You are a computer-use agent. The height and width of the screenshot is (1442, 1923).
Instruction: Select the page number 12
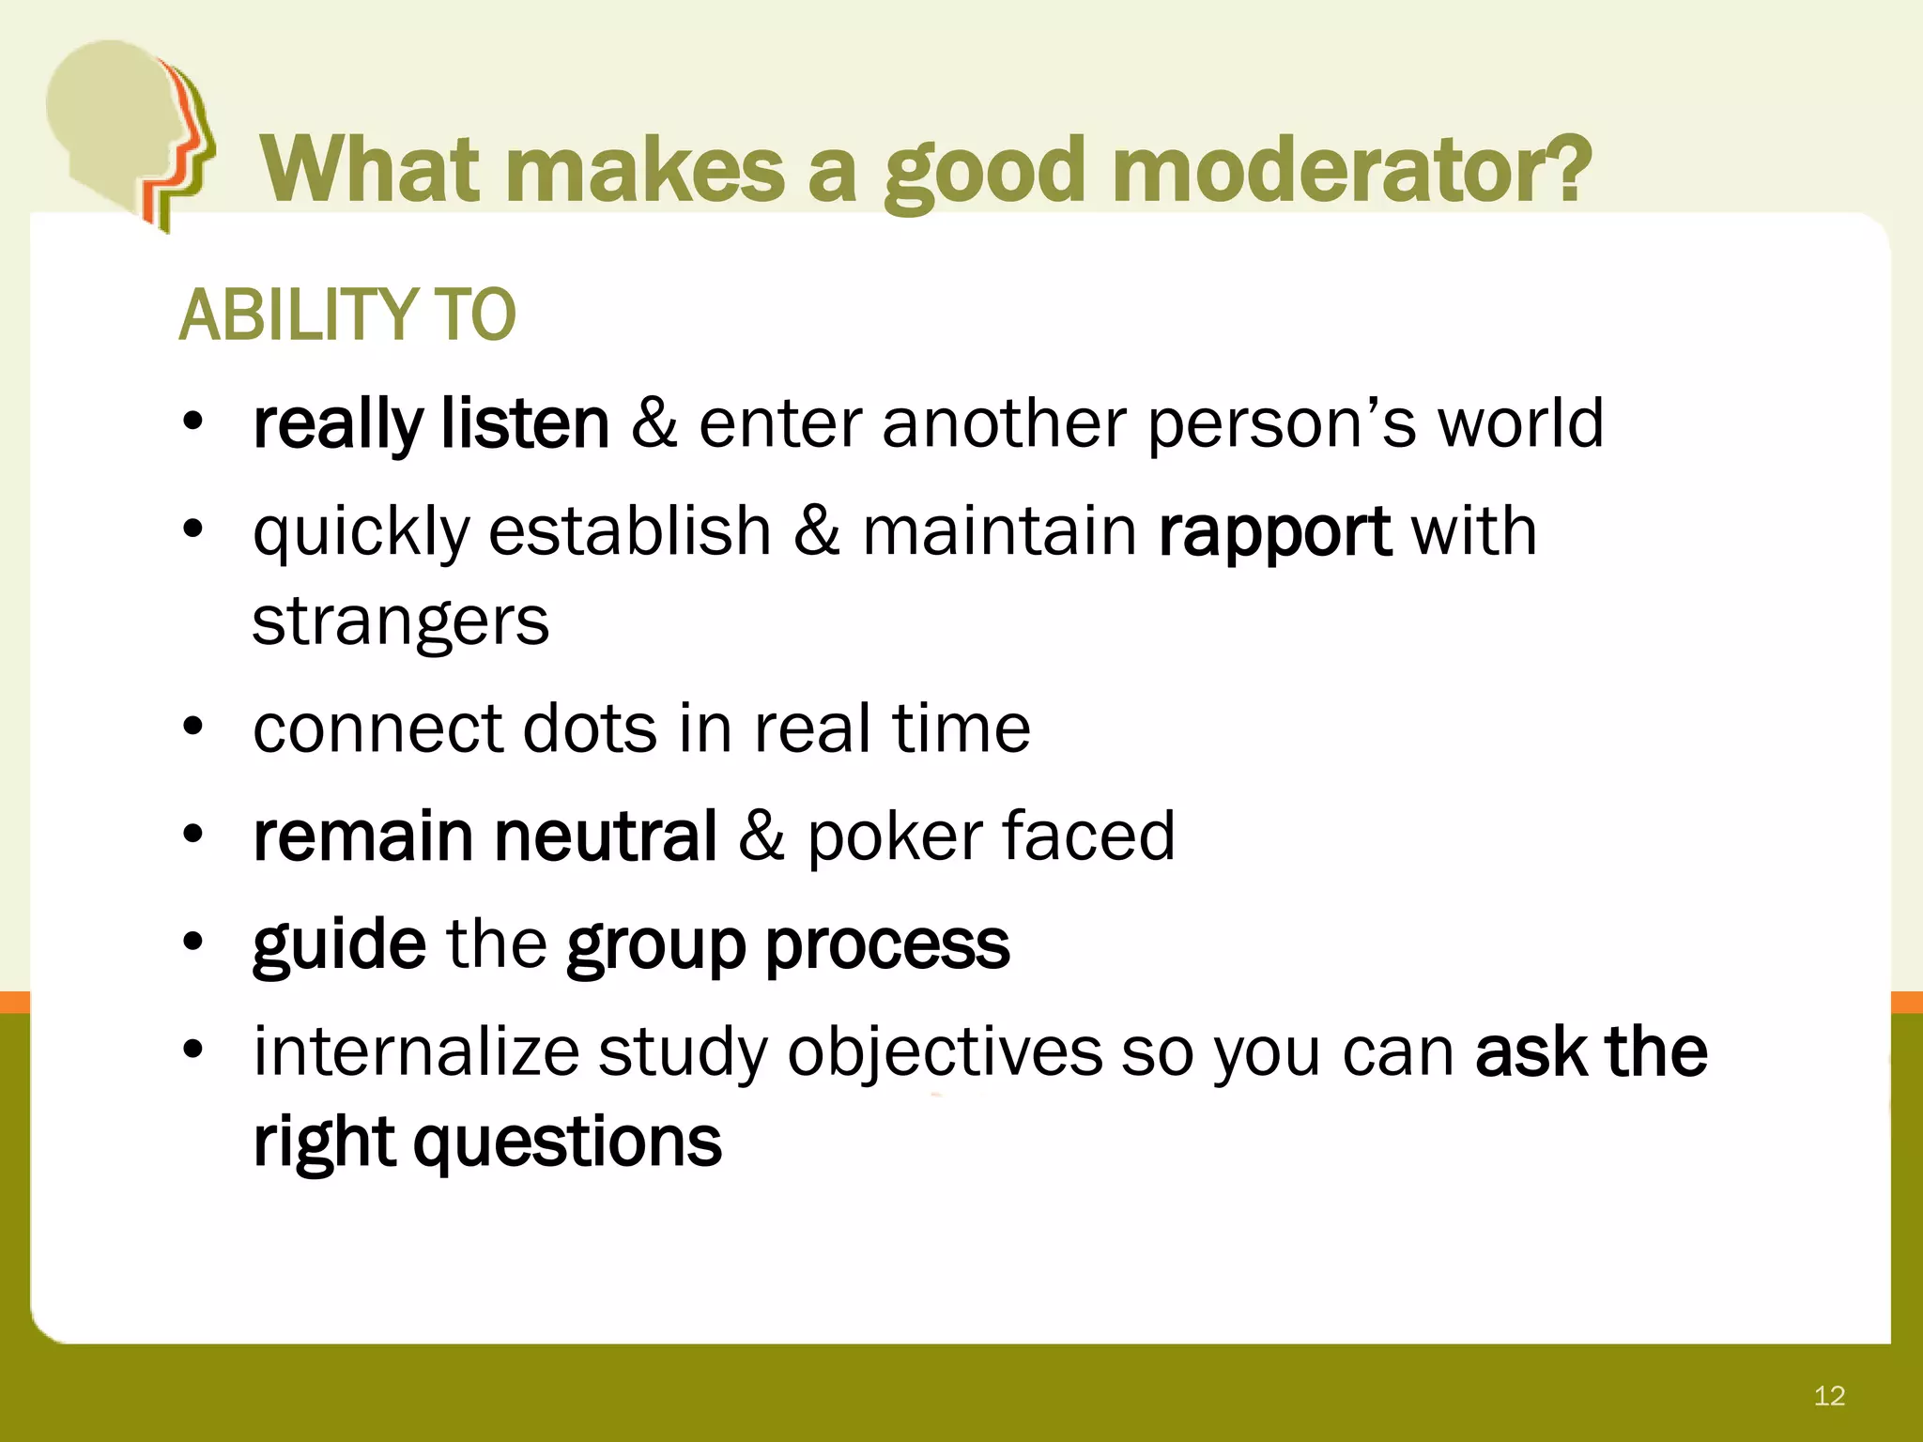coord(1829,1396)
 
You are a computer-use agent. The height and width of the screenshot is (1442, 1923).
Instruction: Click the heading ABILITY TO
coord(346,315)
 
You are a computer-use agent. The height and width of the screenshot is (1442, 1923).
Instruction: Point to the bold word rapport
coord(1274,532)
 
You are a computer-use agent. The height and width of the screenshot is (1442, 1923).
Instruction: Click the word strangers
coord(401,621)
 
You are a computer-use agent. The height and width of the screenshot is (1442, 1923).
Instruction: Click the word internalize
coord(416,1051)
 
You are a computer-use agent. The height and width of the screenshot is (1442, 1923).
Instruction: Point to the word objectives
coord(944,1053)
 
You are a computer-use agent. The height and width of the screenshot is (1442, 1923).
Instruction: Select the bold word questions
coord(567,1143)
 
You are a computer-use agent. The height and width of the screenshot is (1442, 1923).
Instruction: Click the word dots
coord(590,729)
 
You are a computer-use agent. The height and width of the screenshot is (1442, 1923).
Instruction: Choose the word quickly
coord(361,532)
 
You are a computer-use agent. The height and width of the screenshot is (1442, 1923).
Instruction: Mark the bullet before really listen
coord(193,422)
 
